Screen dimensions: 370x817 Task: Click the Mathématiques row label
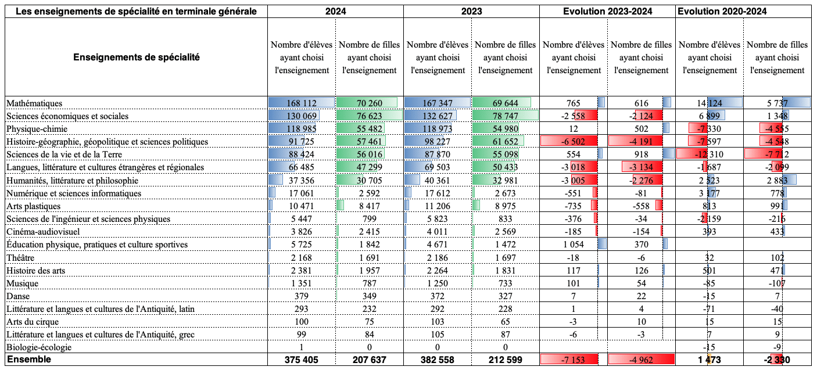pos(34,103)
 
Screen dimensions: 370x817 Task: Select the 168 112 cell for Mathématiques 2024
pos(301,103)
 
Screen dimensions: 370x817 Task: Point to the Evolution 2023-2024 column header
pos(607,11)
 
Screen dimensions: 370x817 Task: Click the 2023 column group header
pos(471,11)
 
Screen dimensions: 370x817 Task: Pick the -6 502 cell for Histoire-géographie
pos(574,142)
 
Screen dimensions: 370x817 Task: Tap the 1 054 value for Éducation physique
pos(573,245)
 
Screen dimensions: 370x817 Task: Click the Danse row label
pos(17,296)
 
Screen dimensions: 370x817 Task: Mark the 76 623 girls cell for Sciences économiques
pos(370,116)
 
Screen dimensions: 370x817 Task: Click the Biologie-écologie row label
pos(39,347)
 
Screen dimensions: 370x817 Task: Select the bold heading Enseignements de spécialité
pos(136,58)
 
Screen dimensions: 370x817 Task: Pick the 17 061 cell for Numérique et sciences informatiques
pos(301,193)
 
